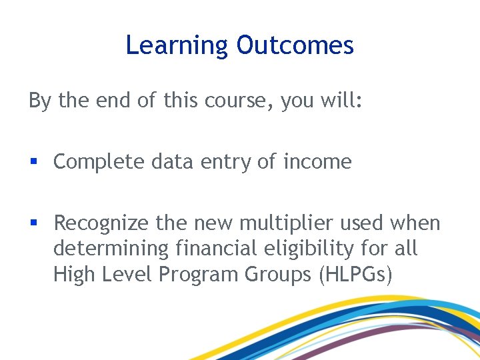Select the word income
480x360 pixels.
[317, 162]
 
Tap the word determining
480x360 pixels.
[111, 249]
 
